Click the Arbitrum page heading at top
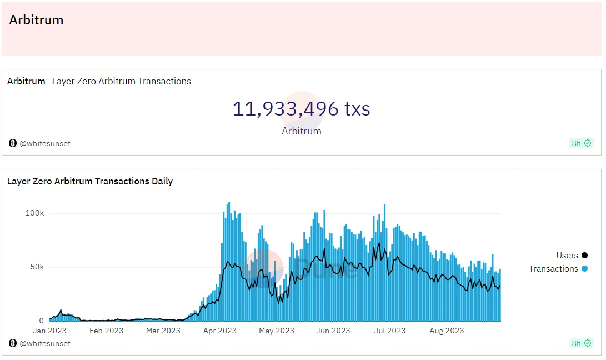pos(36,20)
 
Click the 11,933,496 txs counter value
pos(301,108)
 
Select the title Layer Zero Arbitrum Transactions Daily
pos(90,181)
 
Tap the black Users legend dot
pos(584,256)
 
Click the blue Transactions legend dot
pos(584,269)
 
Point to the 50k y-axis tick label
pos(37,267)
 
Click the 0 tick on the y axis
pos(42,321)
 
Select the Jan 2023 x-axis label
pos(49,331)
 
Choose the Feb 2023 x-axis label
pos(107,331)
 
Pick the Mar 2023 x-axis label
pos(163,331)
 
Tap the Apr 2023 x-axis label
pos(219,331)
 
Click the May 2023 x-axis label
pos(277,331)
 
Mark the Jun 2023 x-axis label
pos(333,331)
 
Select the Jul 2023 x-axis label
pos(389,331)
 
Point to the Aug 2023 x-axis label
pos(447,331)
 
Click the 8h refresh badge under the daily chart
pos(582,343)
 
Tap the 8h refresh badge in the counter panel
pos(582,143)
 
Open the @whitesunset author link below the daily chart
pos(45,343)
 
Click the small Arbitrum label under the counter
pos(301,132)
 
